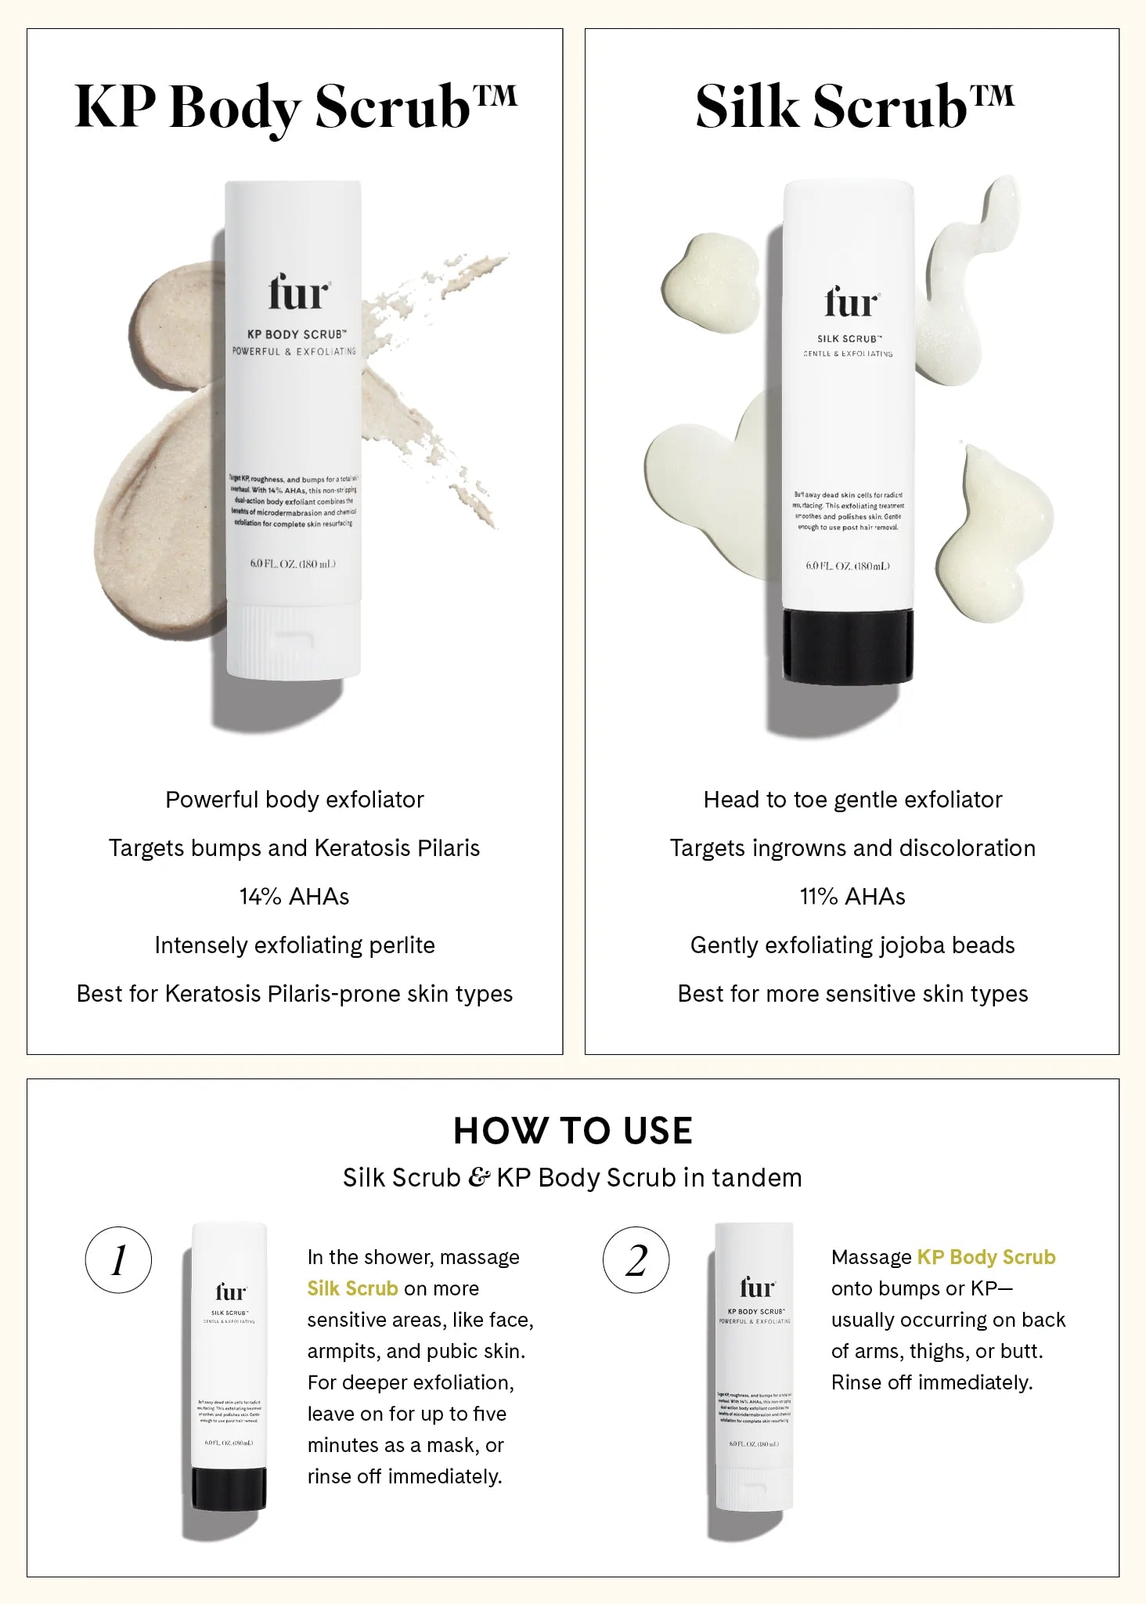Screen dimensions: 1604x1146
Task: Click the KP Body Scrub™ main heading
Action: (295, 107)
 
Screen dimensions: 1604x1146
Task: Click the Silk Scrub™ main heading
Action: (854, 107)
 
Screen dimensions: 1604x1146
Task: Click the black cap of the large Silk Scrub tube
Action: (849, 645)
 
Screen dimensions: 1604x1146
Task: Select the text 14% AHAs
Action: (294, 897)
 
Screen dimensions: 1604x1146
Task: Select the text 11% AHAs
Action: (852, 897)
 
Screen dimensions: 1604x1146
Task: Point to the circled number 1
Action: (118, 1260)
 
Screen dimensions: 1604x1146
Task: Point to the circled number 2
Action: (636, 1260)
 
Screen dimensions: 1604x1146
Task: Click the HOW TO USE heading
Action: (572, 1131)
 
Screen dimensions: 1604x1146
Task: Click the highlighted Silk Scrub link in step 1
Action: (352, 1288)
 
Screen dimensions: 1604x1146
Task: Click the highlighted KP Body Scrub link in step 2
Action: (986, 1257)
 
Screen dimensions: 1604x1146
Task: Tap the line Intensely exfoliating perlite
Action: (294, 945)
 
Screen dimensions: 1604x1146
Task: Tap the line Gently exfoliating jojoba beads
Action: (852, 945)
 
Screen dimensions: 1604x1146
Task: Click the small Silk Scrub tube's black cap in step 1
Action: (229, 1489)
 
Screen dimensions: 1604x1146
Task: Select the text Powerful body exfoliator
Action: (294, 800)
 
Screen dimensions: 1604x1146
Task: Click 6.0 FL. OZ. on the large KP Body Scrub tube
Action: (293, 564)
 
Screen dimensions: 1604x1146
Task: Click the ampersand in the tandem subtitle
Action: (478, 1178)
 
